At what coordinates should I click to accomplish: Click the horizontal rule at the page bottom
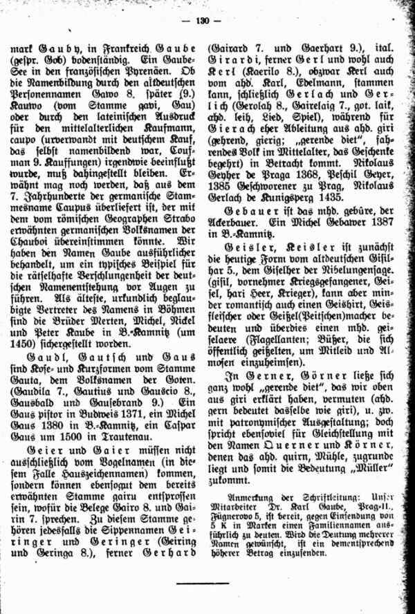click(x=202, y=583)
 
